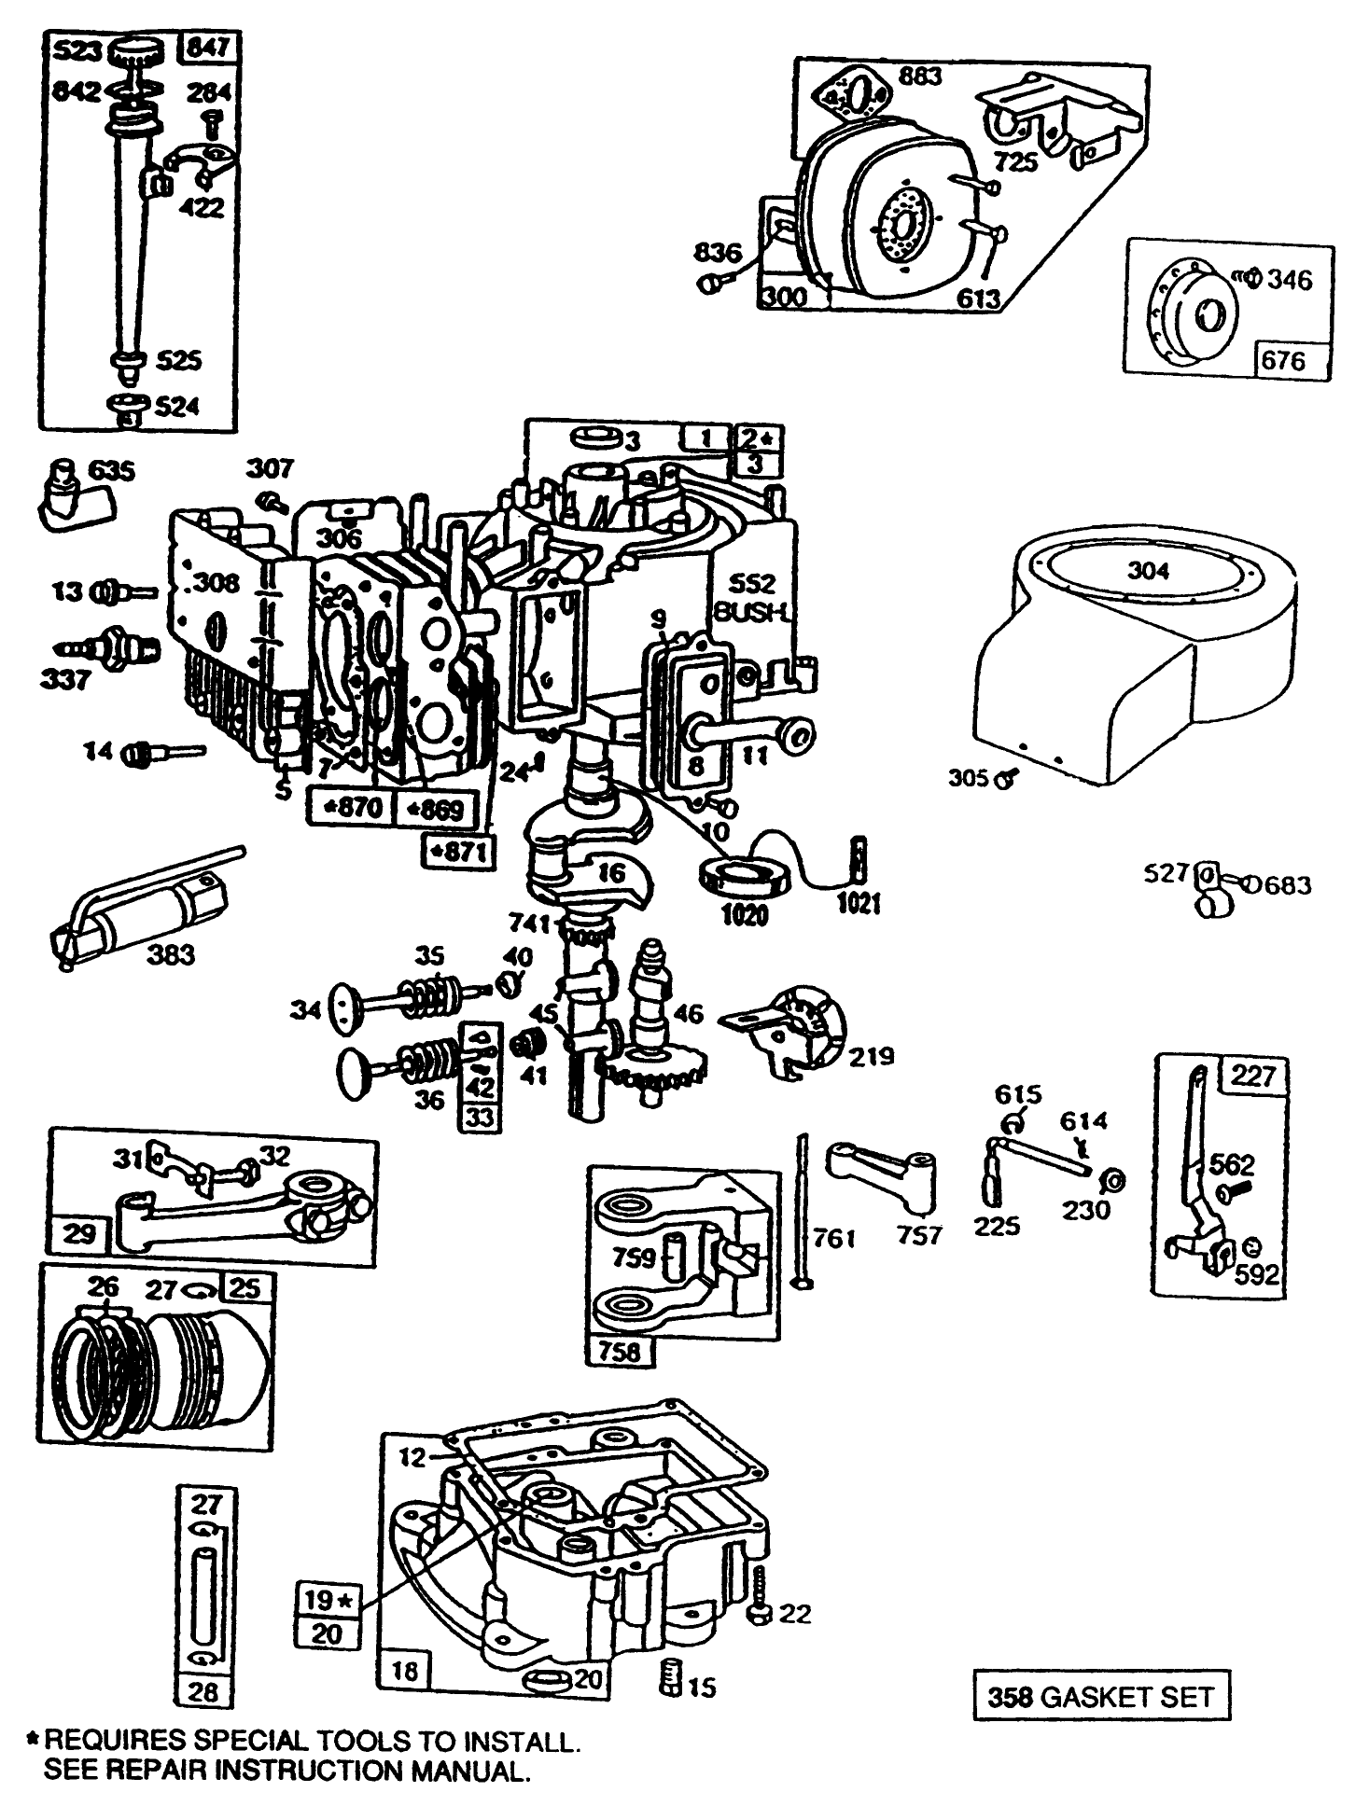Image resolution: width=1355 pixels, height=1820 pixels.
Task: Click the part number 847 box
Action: coord(208,48)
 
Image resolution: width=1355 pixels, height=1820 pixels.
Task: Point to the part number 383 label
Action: coord(171,954)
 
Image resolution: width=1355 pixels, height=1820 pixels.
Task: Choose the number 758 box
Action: coord(620,1350)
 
